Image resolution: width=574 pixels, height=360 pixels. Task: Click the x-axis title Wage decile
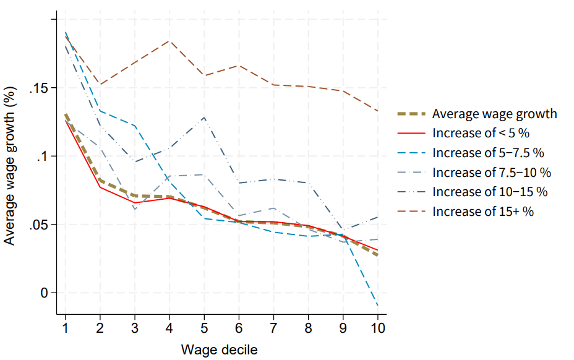coord(219,349)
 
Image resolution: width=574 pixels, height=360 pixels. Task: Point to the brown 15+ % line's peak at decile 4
coord(169,41)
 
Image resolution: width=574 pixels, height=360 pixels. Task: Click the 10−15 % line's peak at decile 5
coord(204,117)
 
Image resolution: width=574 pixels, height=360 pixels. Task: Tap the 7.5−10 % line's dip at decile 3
coord(135,209)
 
